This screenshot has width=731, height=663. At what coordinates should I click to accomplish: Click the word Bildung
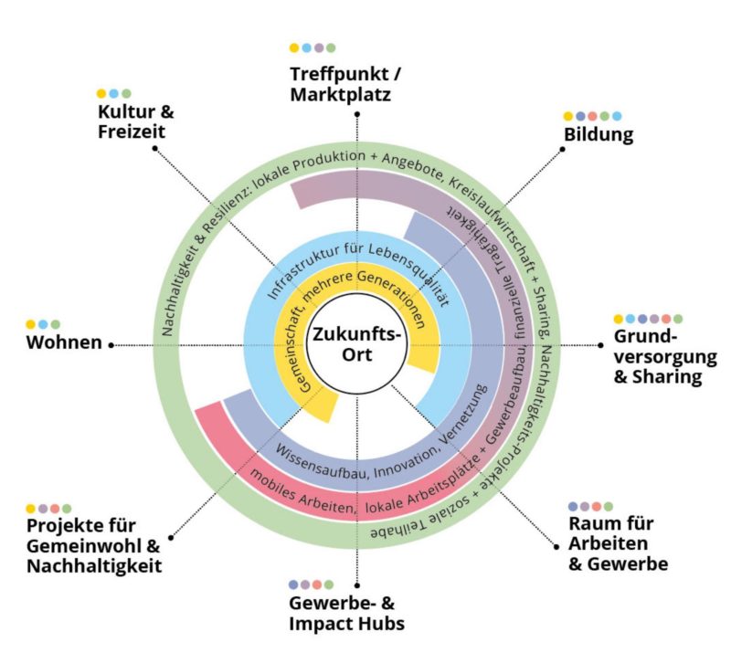tap(598, 135)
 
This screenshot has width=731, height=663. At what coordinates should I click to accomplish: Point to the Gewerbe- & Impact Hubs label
tap(346, 614)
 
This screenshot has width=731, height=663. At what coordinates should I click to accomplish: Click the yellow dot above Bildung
tap(568, 116)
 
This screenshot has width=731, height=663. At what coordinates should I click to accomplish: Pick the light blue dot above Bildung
tap(617, 116)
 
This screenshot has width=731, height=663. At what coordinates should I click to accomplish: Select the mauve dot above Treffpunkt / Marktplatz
tap(319, 47)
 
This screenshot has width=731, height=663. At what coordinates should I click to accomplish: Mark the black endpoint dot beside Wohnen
tap(111, 345)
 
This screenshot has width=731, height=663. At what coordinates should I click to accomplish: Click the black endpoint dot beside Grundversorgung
tap(601, 345)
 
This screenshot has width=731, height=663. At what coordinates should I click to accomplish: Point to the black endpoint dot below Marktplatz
tap(356, 114)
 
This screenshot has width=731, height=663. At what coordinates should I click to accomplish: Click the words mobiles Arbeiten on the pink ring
tap(292, 494)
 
